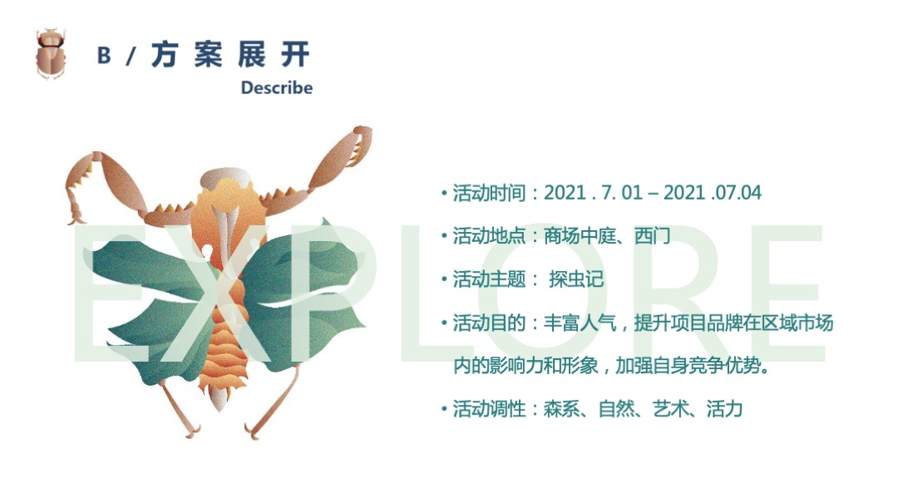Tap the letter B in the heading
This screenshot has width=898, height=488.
point(104,56)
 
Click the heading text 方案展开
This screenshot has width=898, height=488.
point(230,55)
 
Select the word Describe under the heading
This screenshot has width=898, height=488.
point(276,87)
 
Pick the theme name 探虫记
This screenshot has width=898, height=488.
point(576,279)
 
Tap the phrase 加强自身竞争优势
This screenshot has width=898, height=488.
point(697,366)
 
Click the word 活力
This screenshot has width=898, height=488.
point(723,409)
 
